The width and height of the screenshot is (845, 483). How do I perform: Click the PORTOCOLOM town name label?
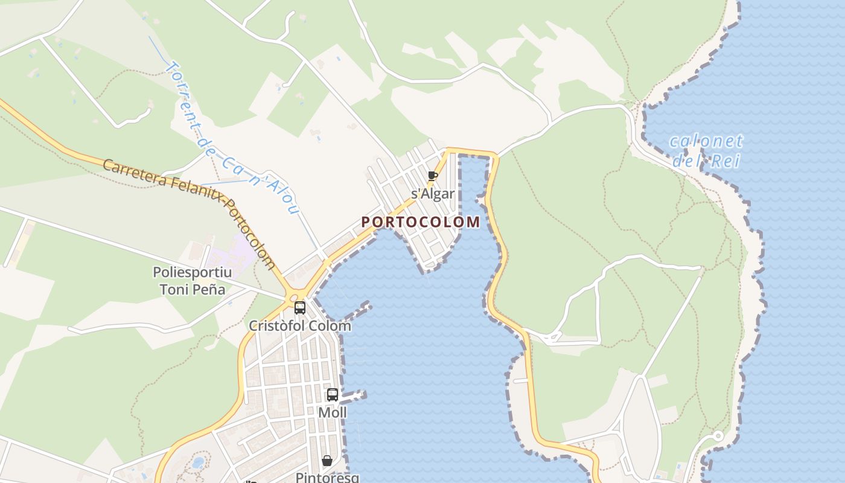tap(421, 222)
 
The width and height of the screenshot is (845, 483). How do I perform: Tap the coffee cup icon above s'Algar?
tap(432, 176)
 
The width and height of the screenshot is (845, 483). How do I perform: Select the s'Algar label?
tap(432, 194)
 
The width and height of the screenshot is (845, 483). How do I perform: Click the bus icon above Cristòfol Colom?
tap(299, 308)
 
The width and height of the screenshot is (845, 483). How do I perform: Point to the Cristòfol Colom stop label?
tap(300, 326)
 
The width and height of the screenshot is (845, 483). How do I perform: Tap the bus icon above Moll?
tap(332, 395)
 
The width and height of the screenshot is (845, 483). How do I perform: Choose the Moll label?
tap(332, 412)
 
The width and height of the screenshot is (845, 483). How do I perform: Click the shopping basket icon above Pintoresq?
tap(327, 461)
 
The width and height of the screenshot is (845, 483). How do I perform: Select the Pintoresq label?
tap(327, 478)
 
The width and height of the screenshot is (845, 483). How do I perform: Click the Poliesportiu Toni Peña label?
tap(193, 281)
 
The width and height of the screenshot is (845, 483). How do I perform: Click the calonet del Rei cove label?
tap(706, 151)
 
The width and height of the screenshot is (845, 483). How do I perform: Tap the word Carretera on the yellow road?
tap(133, 173)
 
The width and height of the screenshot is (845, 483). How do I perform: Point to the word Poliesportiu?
tap(193, 272)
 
